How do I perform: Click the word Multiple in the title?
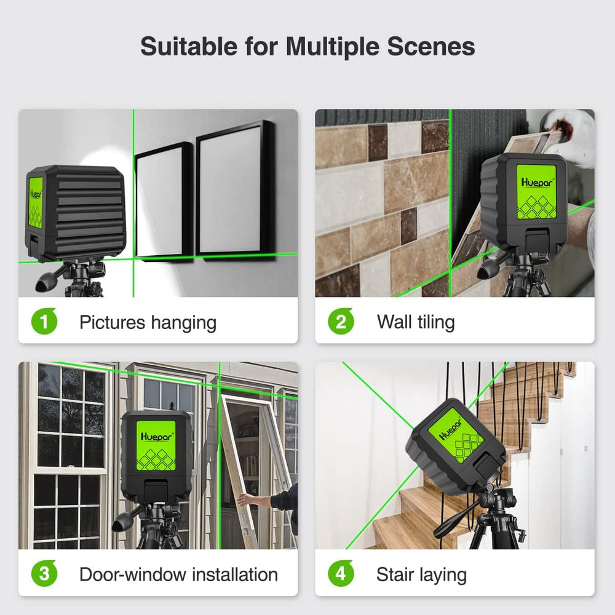332,47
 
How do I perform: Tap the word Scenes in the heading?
431,46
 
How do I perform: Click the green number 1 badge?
44,322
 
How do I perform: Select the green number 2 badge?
341,322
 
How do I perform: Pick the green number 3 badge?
44,573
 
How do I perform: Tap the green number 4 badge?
341,573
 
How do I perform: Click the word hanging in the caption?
183,323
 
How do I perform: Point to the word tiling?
436,323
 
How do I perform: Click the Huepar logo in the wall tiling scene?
537,183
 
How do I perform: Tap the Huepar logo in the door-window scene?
156,437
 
